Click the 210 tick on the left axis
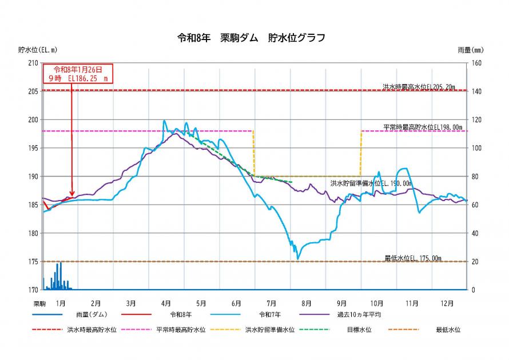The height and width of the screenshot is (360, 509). (33, 63)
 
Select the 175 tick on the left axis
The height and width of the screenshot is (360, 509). (33, 262)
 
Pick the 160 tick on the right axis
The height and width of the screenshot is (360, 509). (476, 63)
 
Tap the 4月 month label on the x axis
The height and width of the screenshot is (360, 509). (166, 303)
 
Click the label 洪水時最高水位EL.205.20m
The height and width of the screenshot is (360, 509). (419, 87)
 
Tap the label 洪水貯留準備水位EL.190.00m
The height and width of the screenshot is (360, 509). (371, 183)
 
